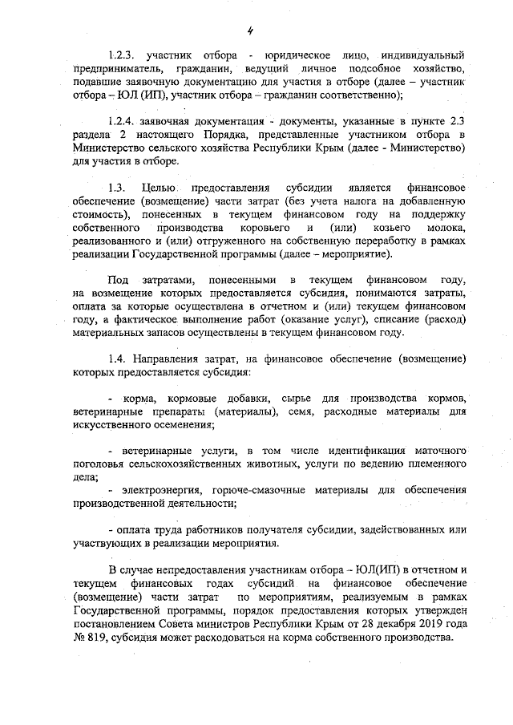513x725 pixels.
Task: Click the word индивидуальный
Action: [425, 55]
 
